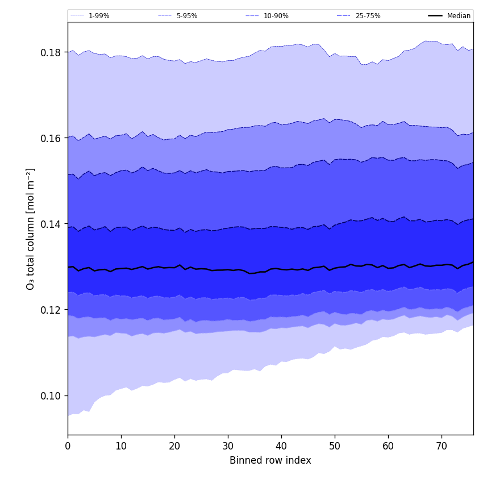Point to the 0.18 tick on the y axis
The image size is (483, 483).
tap(51, 53)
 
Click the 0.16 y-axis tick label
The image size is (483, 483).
tap(51, 139)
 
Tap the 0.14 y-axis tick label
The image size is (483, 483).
tap(51, 224)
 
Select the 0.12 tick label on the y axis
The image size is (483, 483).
tap(51, 310)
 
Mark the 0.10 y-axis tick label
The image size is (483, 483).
tap(51, 396)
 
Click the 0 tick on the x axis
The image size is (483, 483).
tap(68, 447)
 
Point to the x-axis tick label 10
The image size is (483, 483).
tap(121, 447)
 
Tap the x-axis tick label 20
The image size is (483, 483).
tap(174, 447)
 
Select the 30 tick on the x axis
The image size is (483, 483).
tap(228, 447)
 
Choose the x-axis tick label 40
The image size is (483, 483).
tap(281, 447)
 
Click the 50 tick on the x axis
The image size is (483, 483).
tap(335, 447)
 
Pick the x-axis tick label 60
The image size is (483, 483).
tap(388, 447)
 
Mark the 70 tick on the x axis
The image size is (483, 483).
tap(442, 447)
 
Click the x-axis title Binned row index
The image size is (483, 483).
tap(270, 461)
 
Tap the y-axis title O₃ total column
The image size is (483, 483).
tap(31, 228)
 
